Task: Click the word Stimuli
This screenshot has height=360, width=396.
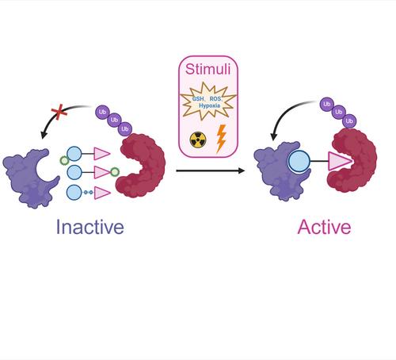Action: (x=208, y=69)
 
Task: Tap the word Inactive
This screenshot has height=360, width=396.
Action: (x=90, y=227)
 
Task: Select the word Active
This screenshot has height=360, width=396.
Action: (x=324, y=227)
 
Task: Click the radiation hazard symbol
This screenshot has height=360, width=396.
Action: (x=198, y=140)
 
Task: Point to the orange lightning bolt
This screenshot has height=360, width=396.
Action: (x=221, y=139)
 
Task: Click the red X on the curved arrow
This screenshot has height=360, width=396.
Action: (x=59, y=112)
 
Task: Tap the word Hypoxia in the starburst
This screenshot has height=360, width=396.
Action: (x=209, y=105)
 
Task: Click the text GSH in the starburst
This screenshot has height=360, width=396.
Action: (x=198, y=99)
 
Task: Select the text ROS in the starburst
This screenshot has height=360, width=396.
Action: (x=215, y=99)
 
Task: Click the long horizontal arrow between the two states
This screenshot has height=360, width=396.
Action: (x=211, y=170)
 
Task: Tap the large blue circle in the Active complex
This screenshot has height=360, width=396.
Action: (x=299, y=161)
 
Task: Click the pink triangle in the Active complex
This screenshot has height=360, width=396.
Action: (x=340, y=161)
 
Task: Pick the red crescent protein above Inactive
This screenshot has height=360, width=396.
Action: (x=141, y=166)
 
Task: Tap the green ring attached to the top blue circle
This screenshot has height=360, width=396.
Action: (x=64, y=160)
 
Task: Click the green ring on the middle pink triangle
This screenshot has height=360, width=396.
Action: (x=115, y=172)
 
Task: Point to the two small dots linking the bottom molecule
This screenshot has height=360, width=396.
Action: (x=89, y=193)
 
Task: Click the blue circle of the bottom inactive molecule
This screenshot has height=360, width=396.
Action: (x=74, y=193)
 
